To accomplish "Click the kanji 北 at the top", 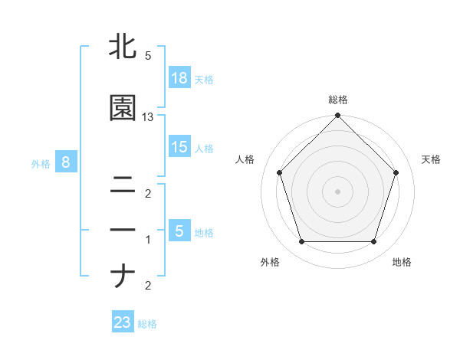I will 123,47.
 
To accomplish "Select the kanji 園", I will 123,109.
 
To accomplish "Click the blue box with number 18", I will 179,78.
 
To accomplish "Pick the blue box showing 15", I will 179,148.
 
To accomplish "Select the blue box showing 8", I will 67,162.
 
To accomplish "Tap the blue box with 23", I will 123,322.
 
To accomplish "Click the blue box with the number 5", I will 179,231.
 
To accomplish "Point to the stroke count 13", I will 148,117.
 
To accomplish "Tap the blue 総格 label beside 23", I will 147,323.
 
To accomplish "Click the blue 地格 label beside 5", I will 204,232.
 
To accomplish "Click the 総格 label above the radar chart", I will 338,100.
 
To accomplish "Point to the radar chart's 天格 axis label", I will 432,159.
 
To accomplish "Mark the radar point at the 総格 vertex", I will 338,117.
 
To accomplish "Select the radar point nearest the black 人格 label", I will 279,172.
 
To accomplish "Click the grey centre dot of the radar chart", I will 338,191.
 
